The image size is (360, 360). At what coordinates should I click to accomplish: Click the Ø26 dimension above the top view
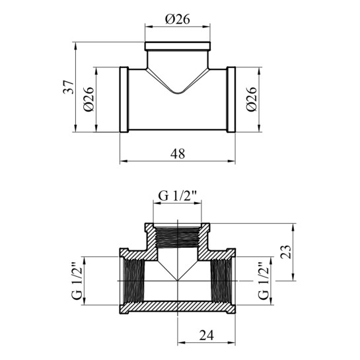(178, 19)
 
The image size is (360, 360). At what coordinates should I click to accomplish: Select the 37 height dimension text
(69, 87)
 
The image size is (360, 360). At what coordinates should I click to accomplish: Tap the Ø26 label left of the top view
(89, 99)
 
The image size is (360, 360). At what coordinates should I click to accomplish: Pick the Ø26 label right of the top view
(251, 99)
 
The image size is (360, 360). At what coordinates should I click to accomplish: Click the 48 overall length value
(178, 154)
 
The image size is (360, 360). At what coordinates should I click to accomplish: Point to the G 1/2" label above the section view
(178, 196)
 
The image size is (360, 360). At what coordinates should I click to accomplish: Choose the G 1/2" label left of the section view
(77, 281)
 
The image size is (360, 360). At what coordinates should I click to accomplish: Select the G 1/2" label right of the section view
(264, 281)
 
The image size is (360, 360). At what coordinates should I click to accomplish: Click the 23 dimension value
(286, 252)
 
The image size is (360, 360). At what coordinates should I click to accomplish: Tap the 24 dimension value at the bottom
(207, 335)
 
